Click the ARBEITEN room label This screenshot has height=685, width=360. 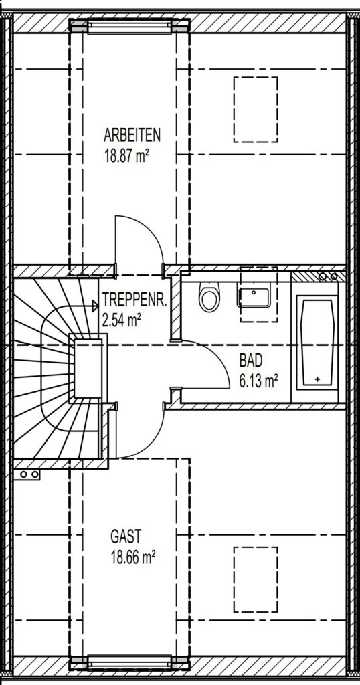pyautogui.click(x=132, y=135)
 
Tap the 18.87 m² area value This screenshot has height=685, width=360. pyautogui.click(x=125, y=156)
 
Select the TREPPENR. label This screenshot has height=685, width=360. pyautogui.click(x=134, y=300)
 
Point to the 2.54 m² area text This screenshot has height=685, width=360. pyautogui.click(x=121, y=320)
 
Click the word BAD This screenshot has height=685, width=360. pyautogui.click(x=251, y=361)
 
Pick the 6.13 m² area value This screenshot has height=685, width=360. pyautogui.click(x=259, y=381)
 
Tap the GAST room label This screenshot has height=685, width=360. pyautogui.click(x=126, y=536)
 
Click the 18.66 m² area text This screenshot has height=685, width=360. pyautogui.click(x=134, y=557)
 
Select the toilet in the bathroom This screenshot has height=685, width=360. pyautogui.click(x=209, y=297)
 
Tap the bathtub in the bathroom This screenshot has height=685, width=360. pyautogui.click(x=317, y=342)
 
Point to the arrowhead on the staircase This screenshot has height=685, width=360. pyautogui.click(x=95, y=306)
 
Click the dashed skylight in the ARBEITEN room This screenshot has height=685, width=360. pyautogui.click(x=256, y=109)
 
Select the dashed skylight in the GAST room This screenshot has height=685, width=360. pyautogui.click(x=256, y=579)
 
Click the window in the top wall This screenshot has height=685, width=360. pyautogui.click(x=129, y=26)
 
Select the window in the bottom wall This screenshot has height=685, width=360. pyautogui.click(x=129, y=662)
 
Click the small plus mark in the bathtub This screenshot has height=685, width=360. pyautogui.click(x=318, y=379)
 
